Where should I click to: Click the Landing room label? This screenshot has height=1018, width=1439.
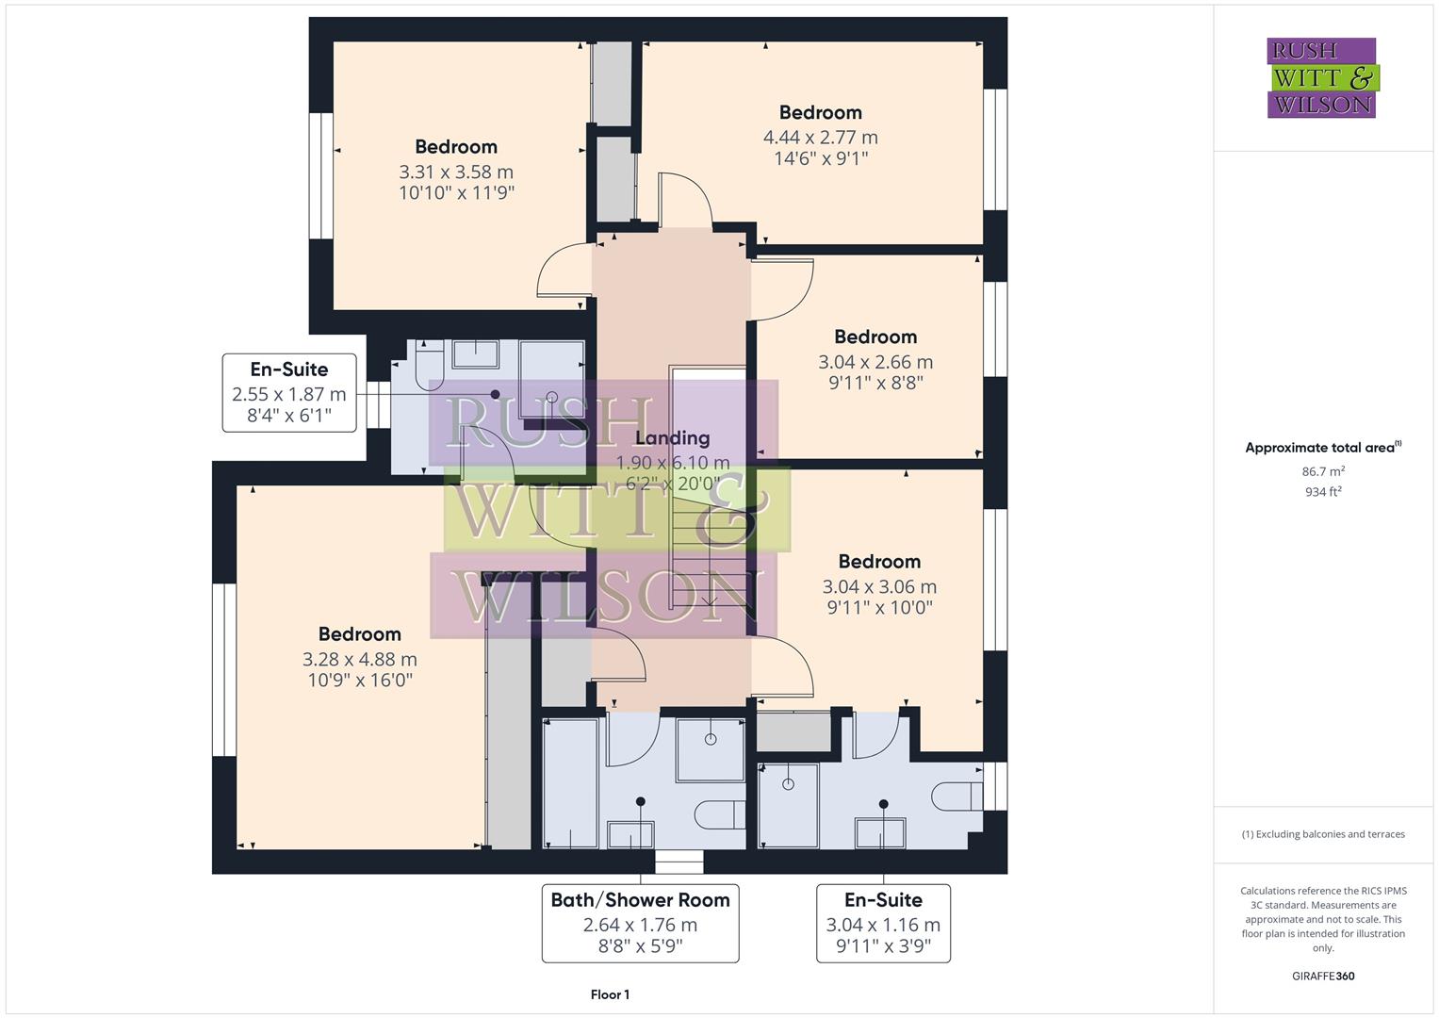[x=672, y=438]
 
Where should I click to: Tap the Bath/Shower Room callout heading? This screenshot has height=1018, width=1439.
[x=640, y=900]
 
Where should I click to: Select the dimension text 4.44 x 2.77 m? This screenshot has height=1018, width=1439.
[x=820, y=138]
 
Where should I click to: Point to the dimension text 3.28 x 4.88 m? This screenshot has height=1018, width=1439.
[x=359, y=659]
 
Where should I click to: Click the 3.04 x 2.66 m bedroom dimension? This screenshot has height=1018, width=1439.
[x=875, y=362]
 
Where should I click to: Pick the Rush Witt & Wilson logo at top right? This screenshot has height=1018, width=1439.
[x=1321, y=77]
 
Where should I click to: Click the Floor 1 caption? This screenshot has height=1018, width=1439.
[x=610, y=994]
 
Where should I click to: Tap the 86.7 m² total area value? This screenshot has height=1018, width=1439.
[x=1323, y=471]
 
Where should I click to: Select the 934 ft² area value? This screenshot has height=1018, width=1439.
[x=1323, y=492]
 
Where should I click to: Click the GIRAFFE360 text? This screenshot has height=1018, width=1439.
[x=1323, y=976]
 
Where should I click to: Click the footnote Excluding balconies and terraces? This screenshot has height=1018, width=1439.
[x=1323, y=834]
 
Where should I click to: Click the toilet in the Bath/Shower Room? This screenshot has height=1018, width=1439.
[x=720, y=813]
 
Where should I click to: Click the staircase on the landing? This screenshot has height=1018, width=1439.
[x=707, y=528]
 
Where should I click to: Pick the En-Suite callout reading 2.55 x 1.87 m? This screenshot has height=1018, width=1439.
[x=289, y=393]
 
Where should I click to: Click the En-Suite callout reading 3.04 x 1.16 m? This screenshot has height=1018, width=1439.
[x=883, y=923]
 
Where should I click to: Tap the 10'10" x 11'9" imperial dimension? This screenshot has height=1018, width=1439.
[x=456, y=193]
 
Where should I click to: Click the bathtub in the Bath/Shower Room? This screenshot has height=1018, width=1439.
[x=571, y=782]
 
